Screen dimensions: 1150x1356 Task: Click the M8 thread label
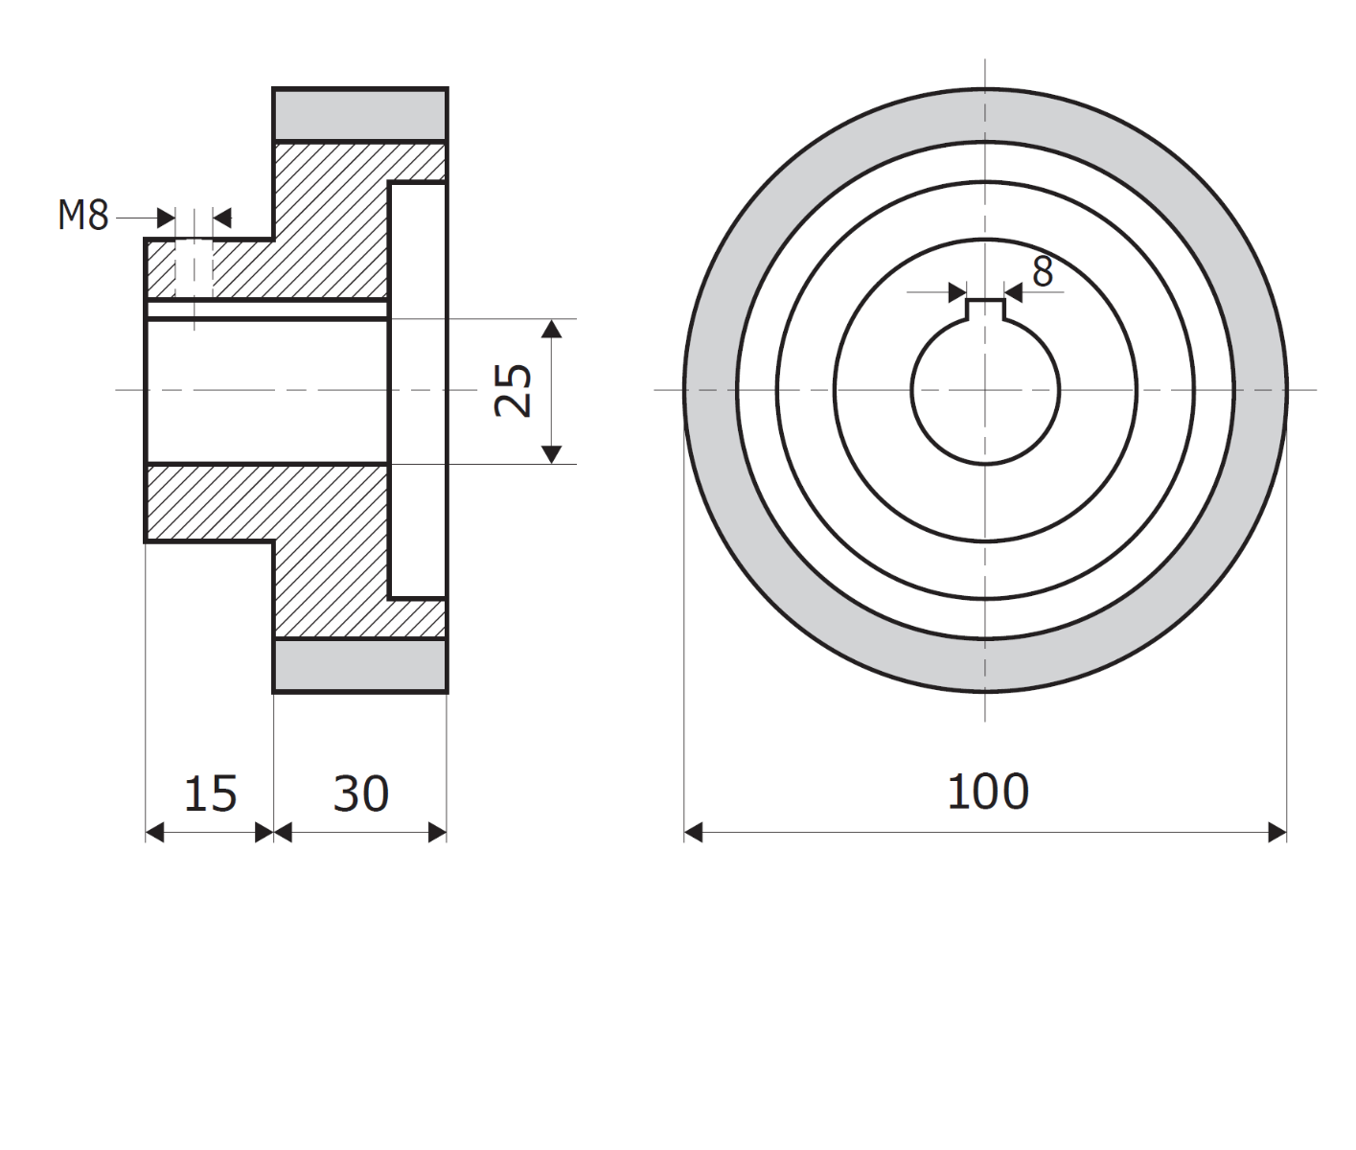pos(82,216)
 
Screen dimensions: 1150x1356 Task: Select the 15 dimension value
pos(210,793)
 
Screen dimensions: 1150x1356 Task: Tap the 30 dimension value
pos(361,793)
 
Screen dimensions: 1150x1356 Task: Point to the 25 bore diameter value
pos(515,390)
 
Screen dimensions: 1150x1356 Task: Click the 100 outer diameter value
pos(987,792)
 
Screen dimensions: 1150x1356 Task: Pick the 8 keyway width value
pos(1043,273)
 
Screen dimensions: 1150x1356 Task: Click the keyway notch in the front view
pos(985,310)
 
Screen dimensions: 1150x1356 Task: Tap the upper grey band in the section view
pos(360,115)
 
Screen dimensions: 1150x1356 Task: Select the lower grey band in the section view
pos(360,664)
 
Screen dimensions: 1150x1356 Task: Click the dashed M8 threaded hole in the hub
pos(195,268)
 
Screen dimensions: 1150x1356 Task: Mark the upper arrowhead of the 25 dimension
pos(551,329)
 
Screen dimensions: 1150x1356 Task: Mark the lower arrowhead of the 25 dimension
pos(551,453)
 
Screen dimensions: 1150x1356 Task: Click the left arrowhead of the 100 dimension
pos(694,833)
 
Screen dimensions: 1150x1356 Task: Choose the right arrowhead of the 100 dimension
pos(1276,833)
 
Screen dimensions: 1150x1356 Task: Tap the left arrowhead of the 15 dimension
pos(154,833)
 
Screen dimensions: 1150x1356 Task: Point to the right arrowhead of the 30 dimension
pos(437,833)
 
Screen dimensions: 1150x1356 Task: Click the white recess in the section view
pos(418,390)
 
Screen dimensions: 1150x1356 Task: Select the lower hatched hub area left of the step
pos(209,503)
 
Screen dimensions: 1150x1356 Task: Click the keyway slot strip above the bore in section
pos(266,310)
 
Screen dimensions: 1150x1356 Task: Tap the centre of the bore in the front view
pos(985,390)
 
